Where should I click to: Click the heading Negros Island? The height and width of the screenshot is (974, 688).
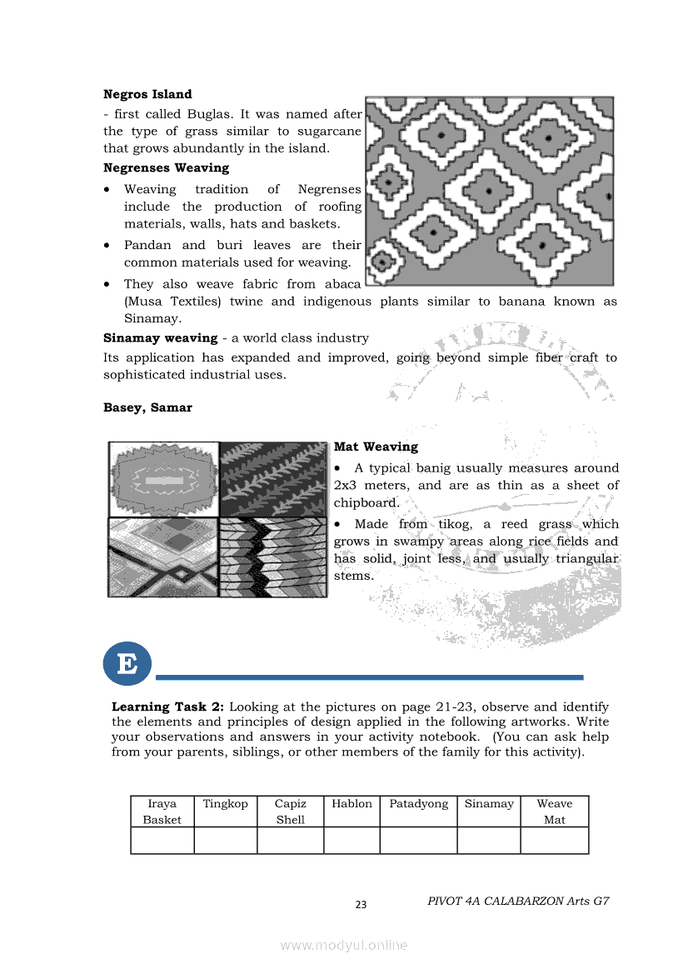(147, 94)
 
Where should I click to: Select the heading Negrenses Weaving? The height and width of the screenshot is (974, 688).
(166, 167)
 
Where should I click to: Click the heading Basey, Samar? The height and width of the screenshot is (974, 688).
(147, 407)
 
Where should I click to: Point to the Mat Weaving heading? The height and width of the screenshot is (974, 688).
(376, 447)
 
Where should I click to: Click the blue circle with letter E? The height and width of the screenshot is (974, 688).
(127, 664)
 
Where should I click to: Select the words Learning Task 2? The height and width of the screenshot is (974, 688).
(162, 707)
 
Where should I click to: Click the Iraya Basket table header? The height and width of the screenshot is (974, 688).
(162, 812)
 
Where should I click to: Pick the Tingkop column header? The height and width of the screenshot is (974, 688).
(225, 804)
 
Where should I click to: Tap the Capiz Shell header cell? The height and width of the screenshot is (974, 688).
(290, 812)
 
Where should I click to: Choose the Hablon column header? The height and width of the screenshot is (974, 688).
(351, 804)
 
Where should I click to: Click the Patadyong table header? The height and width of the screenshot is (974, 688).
(418, 804)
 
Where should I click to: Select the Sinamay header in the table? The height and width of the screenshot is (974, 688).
(489, 804)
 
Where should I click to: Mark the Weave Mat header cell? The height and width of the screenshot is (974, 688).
(554, 812)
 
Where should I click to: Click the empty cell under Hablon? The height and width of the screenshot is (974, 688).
(351, 840)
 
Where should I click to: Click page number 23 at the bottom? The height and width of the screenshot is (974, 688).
(361, 905)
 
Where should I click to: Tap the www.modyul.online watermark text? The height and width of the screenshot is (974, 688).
(344, 945)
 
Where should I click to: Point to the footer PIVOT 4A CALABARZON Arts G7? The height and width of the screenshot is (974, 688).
(518, 901)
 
